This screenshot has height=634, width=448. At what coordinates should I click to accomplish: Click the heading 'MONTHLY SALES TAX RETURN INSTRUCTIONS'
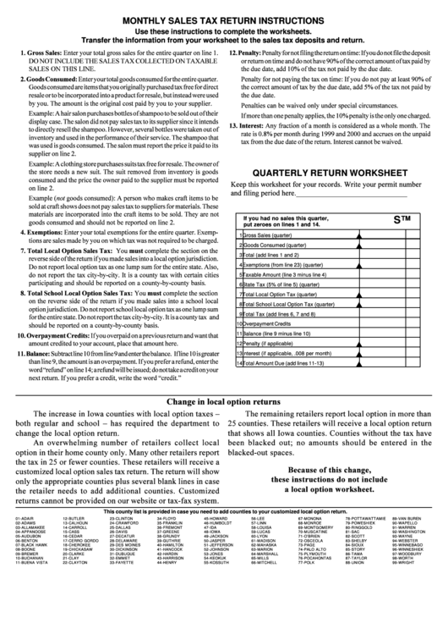pyautogui.click(x=224, y=17)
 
